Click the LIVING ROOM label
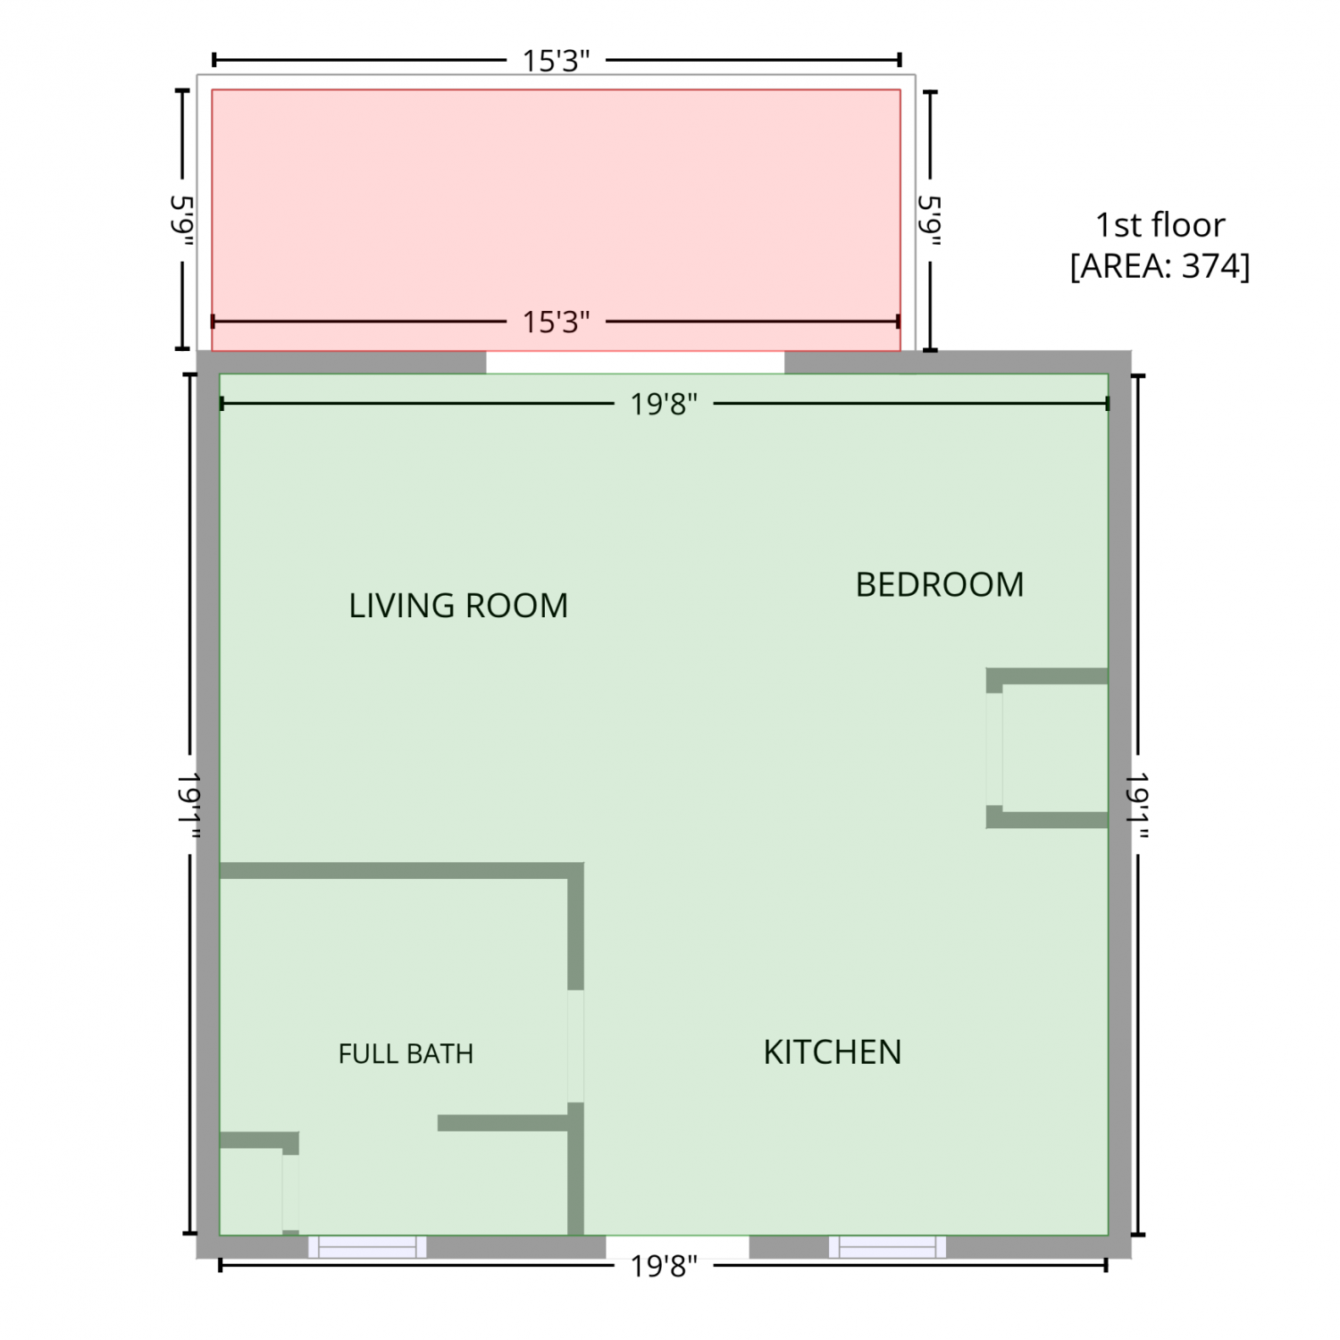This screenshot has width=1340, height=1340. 458,606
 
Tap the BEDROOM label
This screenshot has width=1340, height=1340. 940,584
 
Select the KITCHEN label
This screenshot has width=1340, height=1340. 833,1052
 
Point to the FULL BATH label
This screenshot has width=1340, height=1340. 406,1054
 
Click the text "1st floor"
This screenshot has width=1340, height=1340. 1160,225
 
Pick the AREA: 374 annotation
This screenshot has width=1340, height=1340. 1160,266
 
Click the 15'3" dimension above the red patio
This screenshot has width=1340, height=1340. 557,61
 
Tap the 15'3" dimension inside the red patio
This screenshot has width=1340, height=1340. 557,322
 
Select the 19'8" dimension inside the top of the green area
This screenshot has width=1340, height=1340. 664,405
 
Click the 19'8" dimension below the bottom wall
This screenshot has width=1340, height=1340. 664,1266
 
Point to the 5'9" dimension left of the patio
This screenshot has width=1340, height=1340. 183,221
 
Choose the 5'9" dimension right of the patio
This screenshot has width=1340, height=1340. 931,221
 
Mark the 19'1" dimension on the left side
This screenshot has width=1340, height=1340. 188,804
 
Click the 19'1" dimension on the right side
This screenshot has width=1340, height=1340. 1137,804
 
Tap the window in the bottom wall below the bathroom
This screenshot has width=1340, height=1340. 367,1247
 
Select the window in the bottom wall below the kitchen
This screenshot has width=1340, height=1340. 887,1247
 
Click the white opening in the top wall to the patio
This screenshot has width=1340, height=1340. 635,362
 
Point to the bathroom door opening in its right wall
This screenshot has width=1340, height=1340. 576,1046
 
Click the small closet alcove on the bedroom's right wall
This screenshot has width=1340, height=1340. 1047,748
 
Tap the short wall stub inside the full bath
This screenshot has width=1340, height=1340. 503,1123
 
